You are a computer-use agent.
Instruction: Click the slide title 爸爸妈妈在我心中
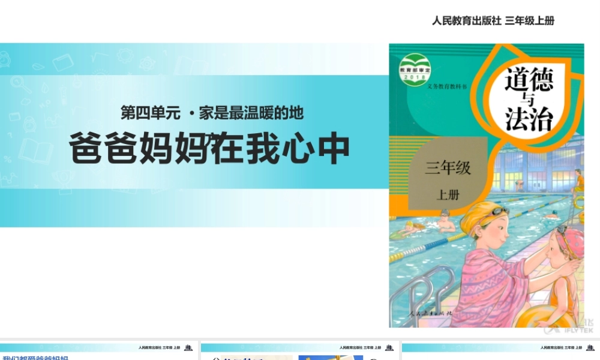[209, 149]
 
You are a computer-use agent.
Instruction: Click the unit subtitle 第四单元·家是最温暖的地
[212, 112]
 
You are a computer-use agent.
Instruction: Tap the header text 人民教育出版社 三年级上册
[493, 20]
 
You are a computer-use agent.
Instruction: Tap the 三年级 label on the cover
[448, 167]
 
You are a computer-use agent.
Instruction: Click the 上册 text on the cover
[447, 194]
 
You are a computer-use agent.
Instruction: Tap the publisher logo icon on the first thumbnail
[188, 347]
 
